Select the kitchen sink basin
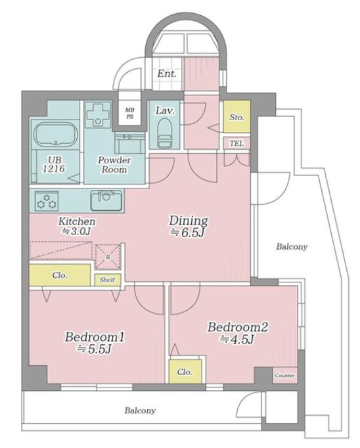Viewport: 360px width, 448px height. [106, 200]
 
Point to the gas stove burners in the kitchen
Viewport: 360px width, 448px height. [47, 201]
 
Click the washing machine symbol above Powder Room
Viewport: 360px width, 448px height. [99, 115]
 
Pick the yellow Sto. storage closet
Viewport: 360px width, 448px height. [236, 116]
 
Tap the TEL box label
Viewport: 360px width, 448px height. [236, 143]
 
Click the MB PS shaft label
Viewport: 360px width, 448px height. [130, 113]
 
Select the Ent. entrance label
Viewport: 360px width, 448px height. [167, 74]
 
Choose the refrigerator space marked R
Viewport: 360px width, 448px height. [108, 257]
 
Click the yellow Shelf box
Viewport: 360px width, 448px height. [108, 280]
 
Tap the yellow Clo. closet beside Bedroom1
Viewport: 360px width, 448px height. [60, 275]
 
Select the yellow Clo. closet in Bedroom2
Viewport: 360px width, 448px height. [185, 371]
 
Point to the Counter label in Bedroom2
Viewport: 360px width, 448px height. [284, 376]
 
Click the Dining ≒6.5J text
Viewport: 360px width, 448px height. [189, 226]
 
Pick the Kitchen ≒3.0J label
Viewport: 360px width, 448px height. [77, 226]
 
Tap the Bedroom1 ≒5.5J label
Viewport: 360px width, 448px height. [95, 343]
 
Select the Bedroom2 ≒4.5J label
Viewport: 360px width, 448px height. [238, 333]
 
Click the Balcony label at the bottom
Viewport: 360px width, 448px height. [140, 411]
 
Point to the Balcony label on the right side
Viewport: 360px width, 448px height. [292, 246]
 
